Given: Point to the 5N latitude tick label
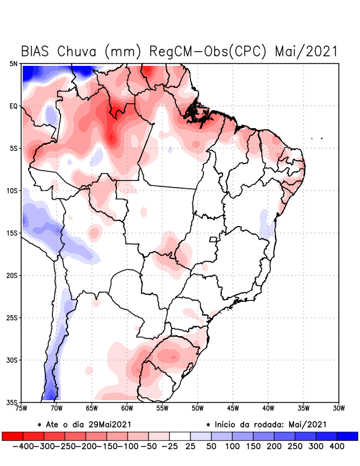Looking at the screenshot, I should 13,63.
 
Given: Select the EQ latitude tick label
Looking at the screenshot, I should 13,106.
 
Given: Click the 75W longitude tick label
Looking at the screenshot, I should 22,408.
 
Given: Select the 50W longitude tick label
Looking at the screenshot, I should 197,408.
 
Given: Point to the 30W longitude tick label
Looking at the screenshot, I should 339,408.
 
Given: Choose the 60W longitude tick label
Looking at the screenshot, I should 127,408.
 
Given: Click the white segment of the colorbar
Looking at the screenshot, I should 180,436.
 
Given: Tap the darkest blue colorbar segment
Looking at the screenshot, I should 347,436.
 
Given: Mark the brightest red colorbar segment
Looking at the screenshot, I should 12,436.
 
